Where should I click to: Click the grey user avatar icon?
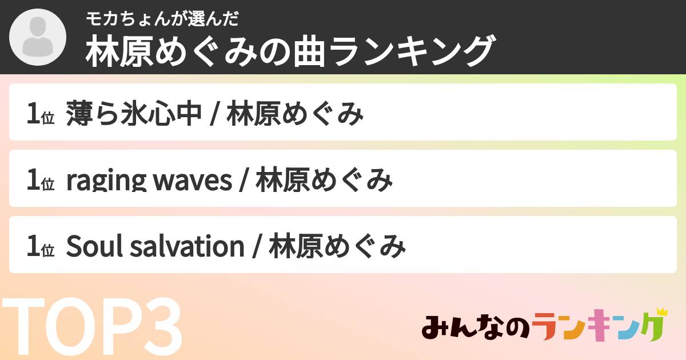tap(38, 38)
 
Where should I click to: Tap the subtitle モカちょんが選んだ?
tap(161, 19)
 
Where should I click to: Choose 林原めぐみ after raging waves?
tap(324, 181)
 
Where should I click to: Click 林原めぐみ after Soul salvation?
tap(337, 247)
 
